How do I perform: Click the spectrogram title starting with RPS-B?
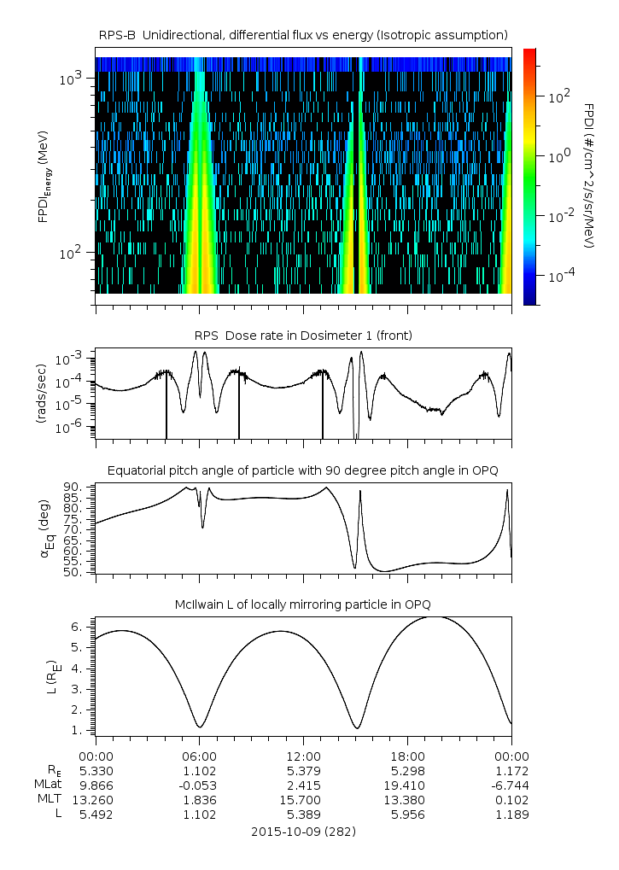pyautogui.click(x=303, y=34)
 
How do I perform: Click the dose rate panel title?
pyautogui.click(x=303, y=336)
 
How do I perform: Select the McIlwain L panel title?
pyautogui.click(x=303, y=604)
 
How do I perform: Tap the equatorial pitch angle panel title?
pyautogui.click(x=303, y=470)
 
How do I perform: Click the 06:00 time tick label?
pyautogui.click(x=199, y=756)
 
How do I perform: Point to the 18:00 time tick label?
pyautogui.click(x=407, y=756)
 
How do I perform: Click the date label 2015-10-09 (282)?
pyautogui.click(x=303, y=831)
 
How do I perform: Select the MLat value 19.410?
pyautogui.click(x=407, y=785)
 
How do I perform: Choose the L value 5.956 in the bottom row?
pyautogui.click(x=407, y=815)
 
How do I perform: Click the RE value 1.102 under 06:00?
pyautogui.click(x=199, y=770)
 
